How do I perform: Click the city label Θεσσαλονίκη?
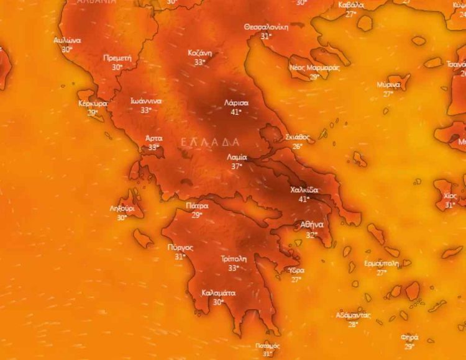click(x=267, y=27)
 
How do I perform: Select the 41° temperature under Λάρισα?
click(x=236, y=112)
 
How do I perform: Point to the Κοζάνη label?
click(x=200, y=53)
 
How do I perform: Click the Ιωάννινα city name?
click(x=146, y=101)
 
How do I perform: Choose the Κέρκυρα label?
click(x=93, y=104)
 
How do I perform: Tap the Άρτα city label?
click(x=153, y=138)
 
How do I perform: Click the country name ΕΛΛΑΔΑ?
click(x=210, y=142)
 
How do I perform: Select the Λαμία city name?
click(x=237, y=157)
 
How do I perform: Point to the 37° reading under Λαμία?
click(x=237, y=166)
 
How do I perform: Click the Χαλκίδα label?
click(x=304, y=190)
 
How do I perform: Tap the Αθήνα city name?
click(x=311, y=225)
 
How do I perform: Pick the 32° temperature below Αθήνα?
click(x=311, y=235)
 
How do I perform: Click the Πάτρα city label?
click(x=197, y=205)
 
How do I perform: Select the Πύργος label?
click(x=180, y=247)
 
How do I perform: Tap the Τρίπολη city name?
click(x=234, y=259)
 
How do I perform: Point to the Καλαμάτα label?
click(x=219, y=293)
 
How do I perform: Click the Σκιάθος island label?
click(x=298, y=137)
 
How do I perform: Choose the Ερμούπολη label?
click(x=381, y=263)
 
